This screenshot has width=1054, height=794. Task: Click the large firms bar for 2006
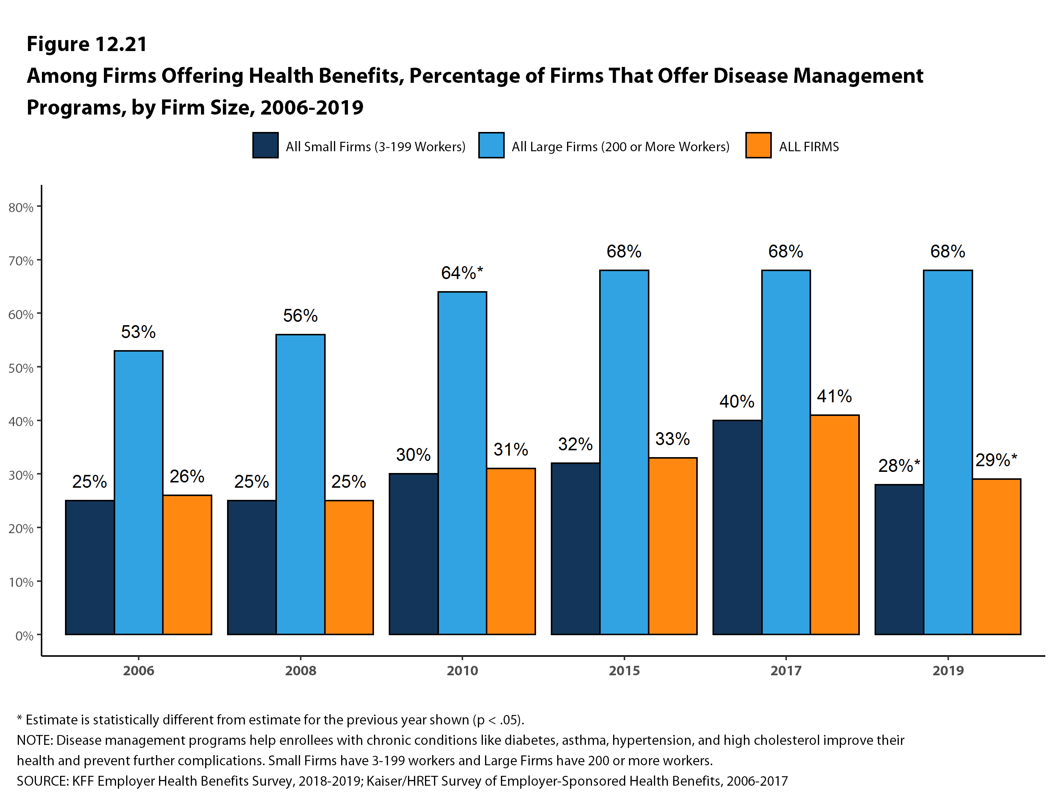pos(139,492)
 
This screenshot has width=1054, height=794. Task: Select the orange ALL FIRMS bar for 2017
pos(835,524)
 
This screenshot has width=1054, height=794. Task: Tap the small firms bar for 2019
pos(899,559)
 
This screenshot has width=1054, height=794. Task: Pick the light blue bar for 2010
pos(462,462)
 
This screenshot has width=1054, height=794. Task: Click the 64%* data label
pos(462,273)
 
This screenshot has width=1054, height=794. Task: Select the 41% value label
pos(835,396)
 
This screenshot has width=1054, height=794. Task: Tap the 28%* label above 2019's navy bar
pos(899,465)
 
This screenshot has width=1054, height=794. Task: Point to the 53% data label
pos(138,332)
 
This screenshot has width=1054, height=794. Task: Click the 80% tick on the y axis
pos(21,208)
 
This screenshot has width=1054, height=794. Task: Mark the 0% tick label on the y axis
pos(24,636)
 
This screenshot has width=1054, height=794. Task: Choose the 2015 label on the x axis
pos(624,670)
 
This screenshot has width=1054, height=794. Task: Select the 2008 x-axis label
pos(300,670)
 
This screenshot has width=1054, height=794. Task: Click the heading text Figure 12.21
pos(87,44)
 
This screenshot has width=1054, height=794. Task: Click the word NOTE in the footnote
pos(35,740)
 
